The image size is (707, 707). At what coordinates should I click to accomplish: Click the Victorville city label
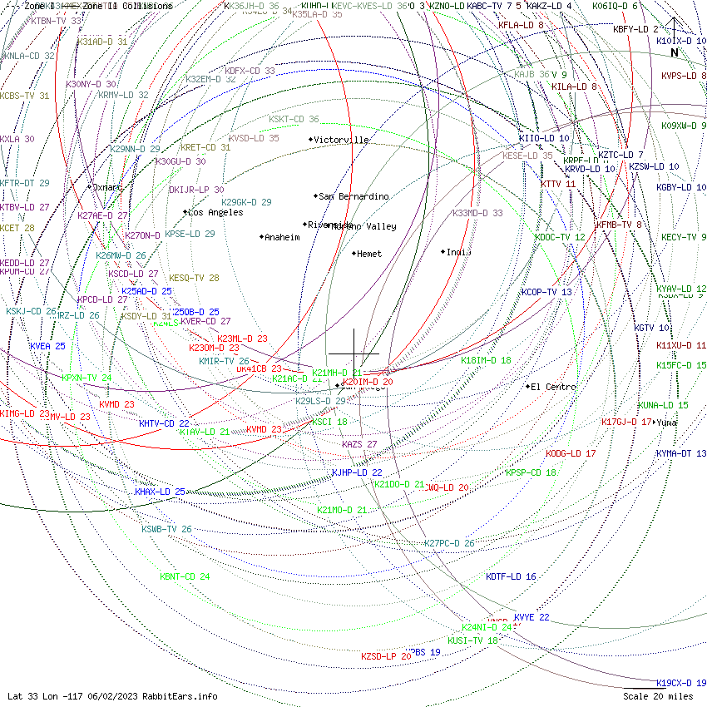click(x=342, y=140)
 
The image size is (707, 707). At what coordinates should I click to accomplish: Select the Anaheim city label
click(x=281, y=237)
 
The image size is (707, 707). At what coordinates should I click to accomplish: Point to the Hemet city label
click(x=368, y=254)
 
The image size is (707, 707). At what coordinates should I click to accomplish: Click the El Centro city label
click(x=553, y=386)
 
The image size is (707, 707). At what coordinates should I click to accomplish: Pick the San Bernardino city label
click(x=353, y=196)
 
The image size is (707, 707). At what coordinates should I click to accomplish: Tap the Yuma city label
click(x=667, y=422)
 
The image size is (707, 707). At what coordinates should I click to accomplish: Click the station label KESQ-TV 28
click(x=194, y=278)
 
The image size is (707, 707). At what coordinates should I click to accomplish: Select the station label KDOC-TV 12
click(x=560, y=237)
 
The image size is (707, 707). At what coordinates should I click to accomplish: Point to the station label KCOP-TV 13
click(x=546, y=292)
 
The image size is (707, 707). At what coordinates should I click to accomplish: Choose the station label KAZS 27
click(x=359, y=444)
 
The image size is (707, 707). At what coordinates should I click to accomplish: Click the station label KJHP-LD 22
click(x=357, y=472)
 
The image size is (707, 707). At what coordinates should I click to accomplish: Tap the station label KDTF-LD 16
click(x=511, y=576)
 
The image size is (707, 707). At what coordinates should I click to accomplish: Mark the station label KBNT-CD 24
click(x=185, y=576)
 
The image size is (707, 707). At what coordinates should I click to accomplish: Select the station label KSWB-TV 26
click(x=166, y=529)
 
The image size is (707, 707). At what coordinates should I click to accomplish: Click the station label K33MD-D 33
click(x=477, y=213)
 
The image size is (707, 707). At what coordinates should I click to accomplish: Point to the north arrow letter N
click(x=675, y=52)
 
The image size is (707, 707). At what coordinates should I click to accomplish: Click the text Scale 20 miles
click(x=657, y=696)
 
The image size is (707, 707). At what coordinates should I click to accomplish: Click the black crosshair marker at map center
click(x=353, y=353)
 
